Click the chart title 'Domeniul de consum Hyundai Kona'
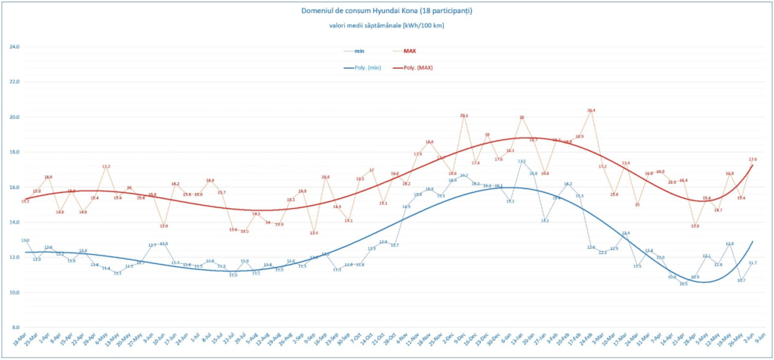pyautogui.click(x=386, y=11)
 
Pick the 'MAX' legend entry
pyautogui.click(x=410, y=51)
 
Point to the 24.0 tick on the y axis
pyautogui.click(x=14, y=47)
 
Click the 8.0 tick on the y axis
pyautogui.click(x=14, y=327)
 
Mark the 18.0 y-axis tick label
pyautogui.click(x=14, y=152)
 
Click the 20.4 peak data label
pyautogui.click(x=591, y=110)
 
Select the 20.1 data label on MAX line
pyautogui.click(x=464, y=116)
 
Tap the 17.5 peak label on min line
pyautogui.click(x=522, y=161)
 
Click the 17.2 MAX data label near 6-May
pyautogui.click(x=106, y=166)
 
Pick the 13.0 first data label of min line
pyautogui.click(x=25, y=241)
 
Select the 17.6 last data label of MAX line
pyautogui.click(x=752, y=160)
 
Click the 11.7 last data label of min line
pyautogui.click(x=753, y=262)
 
